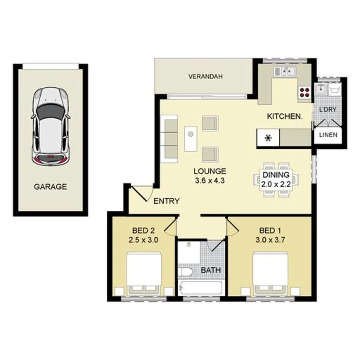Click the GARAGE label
(50, 186)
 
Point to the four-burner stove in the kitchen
(304, 92)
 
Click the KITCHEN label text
(284, 116)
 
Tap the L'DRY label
(328, 109)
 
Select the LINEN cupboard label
(328, 135)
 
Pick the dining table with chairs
(276, 180)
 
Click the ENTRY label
(166, 201)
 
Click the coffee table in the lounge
(190, 138)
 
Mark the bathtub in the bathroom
(201, 288)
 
